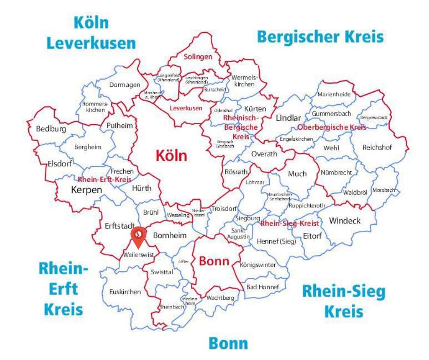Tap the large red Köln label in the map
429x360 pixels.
[x=171, y=156]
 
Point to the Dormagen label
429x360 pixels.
[x=124, y=85]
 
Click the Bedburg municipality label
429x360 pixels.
[x=51, y=129]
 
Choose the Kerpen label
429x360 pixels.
[x=86, y=190]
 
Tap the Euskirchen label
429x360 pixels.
[x=125, y=292]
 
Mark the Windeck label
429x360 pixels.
[x=345, y=221]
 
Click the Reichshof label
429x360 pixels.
[x=377, y=148]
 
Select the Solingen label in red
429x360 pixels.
[x=198, y=57]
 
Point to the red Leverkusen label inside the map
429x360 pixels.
[x=186, y=108]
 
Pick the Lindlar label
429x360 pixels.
[x=288, y=118]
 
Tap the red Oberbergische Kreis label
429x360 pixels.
[x=331, y=127]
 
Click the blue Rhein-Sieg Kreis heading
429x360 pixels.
[x=344, y=301]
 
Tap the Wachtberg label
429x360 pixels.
[x=220, y=298]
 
